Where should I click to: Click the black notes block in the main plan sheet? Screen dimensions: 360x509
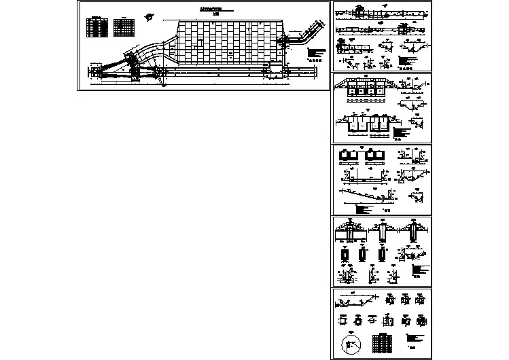pyautogui.click(x=313, y=53)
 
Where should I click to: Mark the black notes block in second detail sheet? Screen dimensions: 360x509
pyautogui.click(x=402, y=132)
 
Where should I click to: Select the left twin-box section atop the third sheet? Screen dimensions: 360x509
pyautogui.click(x=349, y=156)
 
